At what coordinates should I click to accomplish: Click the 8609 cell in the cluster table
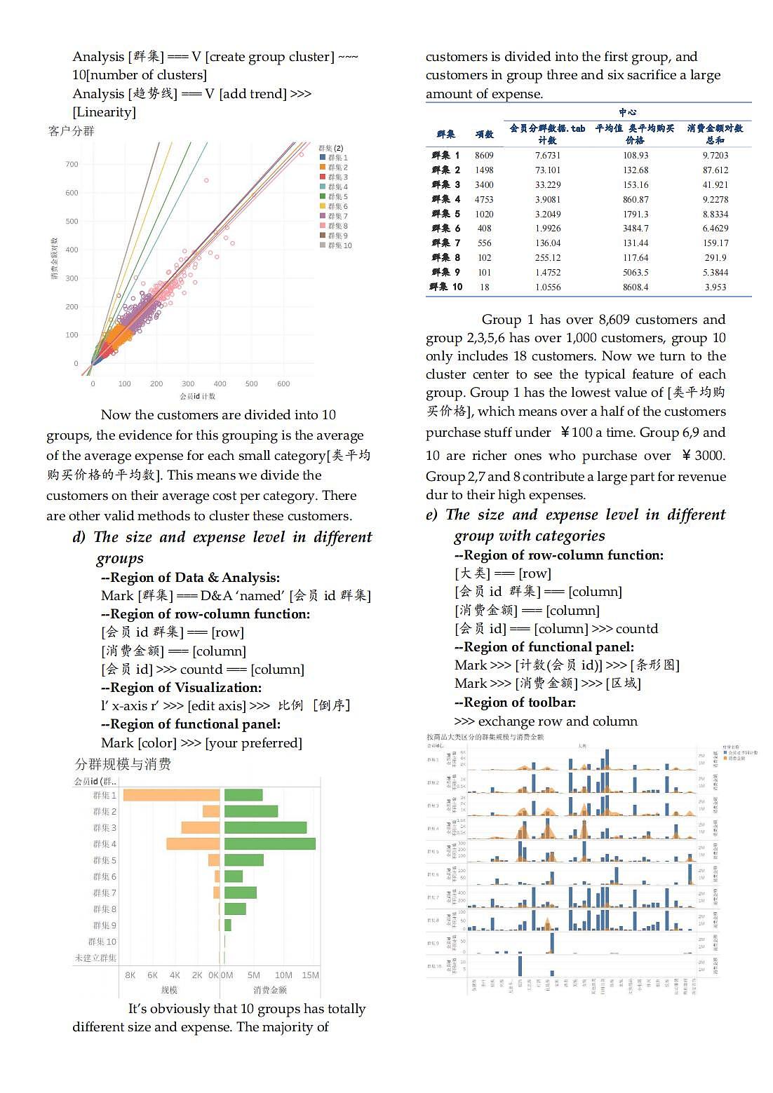pos(484,156)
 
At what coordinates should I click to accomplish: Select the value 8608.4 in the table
pos(636,287)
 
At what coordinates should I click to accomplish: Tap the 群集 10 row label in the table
pos(446,287)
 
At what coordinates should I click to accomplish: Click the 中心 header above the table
pos(627,112)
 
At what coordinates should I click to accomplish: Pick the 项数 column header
pos(484,134)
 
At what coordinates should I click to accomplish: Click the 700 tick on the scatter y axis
pos(72,164)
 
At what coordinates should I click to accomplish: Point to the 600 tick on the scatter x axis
pos(283,383)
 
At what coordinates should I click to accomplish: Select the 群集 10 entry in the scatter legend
pos(336,245)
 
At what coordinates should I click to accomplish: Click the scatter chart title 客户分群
pos(72,131)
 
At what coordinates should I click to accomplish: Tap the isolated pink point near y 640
pos(206,180)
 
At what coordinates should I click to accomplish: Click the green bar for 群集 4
pos(269,843)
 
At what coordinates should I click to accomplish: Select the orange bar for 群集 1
pos(171,795)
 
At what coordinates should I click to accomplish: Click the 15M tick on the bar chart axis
pos(310,975)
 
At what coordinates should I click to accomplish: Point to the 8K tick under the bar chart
pos(130,975)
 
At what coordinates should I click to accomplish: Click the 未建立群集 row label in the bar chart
pos(95,958)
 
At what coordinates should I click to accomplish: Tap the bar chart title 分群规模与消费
pos(123,764)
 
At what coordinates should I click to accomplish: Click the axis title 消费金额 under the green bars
pos(270,990)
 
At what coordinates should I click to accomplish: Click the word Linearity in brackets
pos(105,112)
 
